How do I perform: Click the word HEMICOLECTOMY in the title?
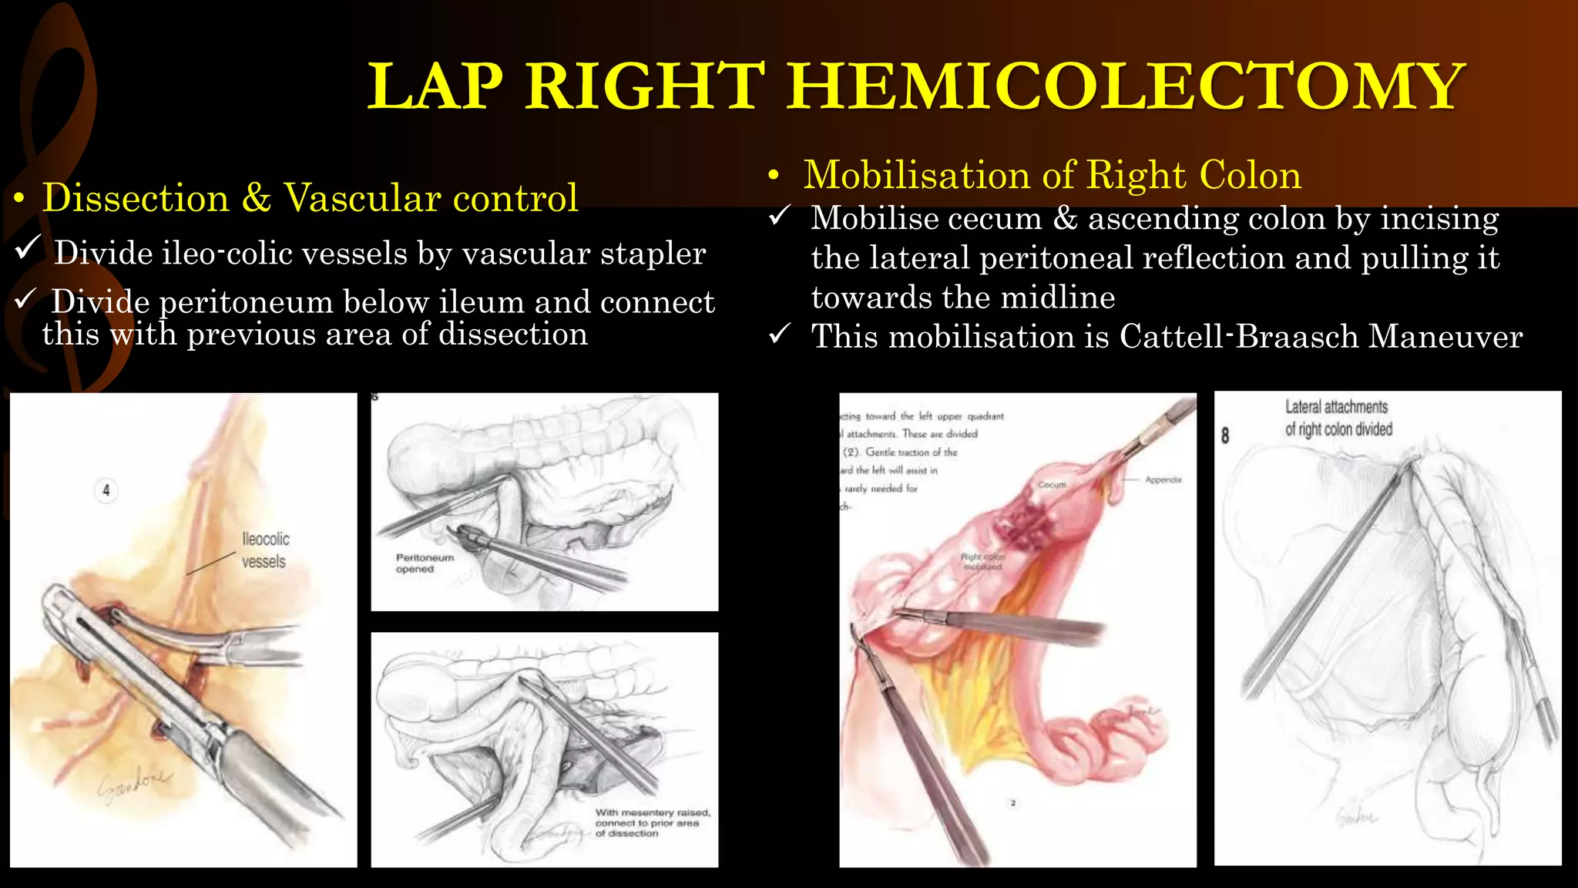point(1126,86)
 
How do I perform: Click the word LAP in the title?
point(436,86)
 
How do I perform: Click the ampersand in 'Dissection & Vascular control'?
point(256,199)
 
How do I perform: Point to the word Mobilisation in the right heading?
point(931,175)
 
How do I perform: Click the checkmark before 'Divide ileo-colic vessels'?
point(28,248)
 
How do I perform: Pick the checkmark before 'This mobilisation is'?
point(780,334)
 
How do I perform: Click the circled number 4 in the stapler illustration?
point(106,490)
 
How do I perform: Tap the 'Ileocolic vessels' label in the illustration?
point(265,550)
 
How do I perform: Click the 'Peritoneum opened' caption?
point(425,563)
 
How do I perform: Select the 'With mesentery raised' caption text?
point(652,822)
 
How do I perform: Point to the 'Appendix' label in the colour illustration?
point(1163,479)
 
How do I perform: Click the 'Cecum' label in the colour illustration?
point(1052,485)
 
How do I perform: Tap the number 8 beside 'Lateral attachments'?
point(1225,436)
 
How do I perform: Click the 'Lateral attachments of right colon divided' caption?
point(1338,418)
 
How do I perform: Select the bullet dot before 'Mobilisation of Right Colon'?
point(774,177)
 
